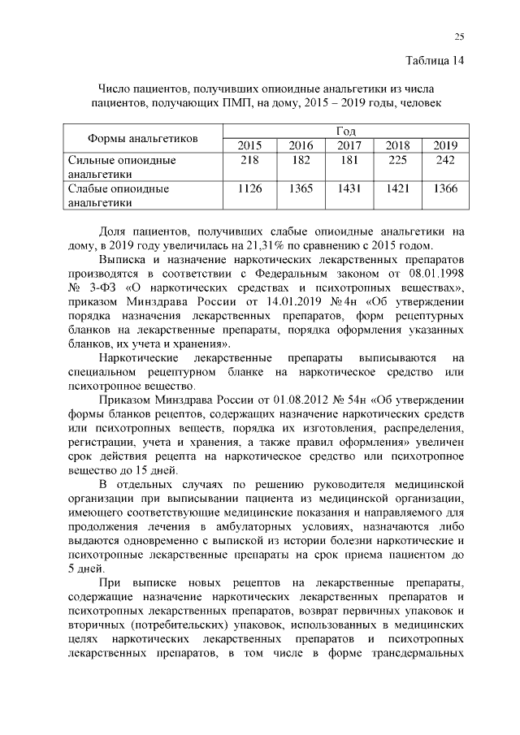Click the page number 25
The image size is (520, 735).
coord(459,37)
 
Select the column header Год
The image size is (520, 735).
coord(344,131)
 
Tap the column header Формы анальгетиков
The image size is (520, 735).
coord(143,138)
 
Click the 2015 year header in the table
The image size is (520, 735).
coord(249,145)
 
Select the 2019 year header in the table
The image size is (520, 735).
coord(445,145)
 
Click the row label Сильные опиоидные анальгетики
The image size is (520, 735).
coord(122,166)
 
